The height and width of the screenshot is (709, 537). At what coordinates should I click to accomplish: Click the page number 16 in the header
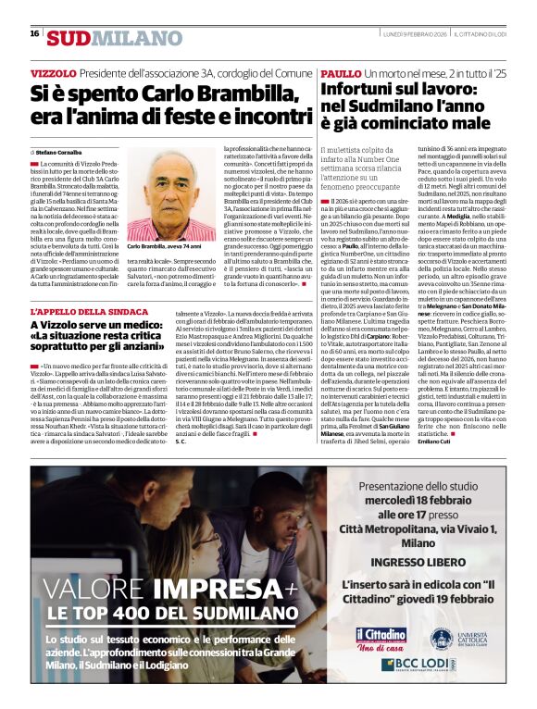click(34, 33)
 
